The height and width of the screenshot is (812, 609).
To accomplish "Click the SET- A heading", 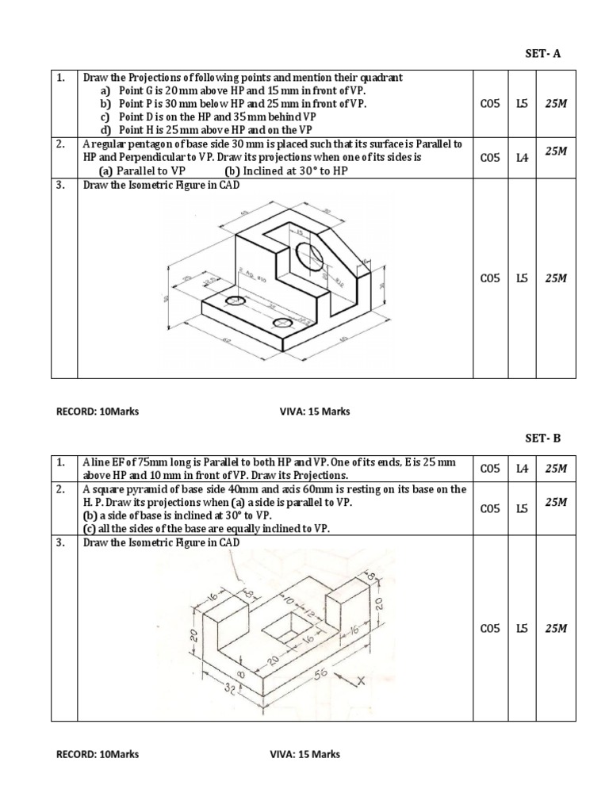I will (x=543, y=53).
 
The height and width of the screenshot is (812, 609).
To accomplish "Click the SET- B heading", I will (x=543, y=439).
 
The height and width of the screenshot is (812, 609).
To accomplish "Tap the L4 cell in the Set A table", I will (x=522, y=158).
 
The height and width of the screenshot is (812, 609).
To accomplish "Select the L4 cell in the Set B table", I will (x=522, y=469).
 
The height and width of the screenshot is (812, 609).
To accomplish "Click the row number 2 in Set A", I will (x=60, y=144).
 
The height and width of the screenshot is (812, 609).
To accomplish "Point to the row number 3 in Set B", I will (x=60, y=542).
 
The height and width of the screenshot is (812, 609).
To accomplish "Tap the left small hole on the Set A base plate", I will (x=234, y=301).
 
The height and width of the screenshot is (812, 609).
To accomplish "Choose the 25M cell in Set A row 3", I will (x=556, y=278).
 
